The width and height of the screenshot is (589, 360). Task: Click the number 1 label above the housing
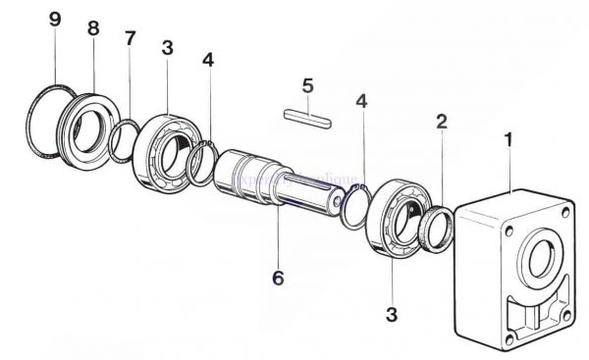coord(508,141)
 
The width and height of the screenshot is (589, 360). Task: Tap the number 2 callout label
coord(442,122)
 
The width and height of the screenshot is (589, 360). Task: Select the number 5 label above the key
coord(307,86)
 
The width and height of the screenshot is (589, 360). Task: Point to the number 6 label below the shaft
coord(278,278)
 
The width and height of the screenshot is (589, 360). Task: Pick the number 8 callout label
coord(93,28)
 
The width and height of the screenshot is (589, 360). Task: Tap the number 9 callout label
coord(55,20)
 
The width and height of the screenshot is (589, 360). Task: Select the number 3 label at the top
coord(168,48)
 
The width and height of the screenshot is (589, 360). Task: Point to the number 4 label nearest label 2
coord(362,100)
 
